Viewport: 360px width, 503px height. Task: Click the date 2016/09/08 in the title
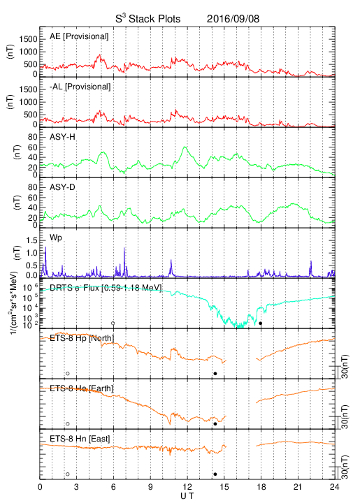click(233, 19)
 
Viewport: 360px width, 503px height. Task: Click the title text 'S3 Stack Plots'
click(148, 18)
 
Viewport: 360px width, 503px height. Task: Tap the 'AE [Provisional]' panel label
click(79, 36)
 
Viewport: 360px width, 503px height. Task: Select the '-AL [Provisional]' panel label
click(80, 87)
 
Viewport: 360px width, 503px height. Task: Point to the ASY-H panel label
click(62, 137)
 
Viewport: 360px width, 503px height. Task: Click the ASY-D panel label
click(62, 187)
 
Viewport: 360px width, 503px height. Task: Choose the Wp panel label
click(56, 238)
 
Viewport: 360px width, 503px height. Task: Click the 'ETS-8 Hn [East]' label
click(80, 439)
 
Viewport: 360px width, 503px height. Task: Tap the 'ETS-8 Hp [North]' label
click(82, 338)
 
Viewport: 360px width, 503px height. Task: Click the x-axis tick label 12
click(187, 487)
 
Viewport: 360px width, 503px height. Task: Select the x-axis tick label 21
click(298, 487)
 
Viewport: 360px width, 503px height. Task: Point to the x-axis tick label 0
click(40, 487)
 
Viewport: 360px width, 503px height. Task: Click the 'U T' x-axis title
click(187, 496)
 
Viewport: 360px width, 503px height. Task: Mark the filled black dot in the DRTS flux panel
click(261, 323)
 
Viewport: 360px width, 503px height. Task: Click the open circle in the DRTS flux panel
click(113, 323)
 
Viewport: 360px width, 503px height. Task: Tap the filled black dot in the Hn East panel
click(215, 474)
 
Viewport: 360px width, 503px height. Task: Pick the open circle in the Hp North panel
click(68, 373)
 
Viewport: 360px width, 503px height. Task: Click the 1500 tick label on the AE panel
click(28, 39)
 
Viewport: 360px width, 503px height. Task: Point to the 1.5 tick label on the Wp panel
click(31, 240)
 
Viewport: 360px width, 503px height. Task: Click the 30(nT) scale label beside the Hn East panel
click(345, 467)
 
